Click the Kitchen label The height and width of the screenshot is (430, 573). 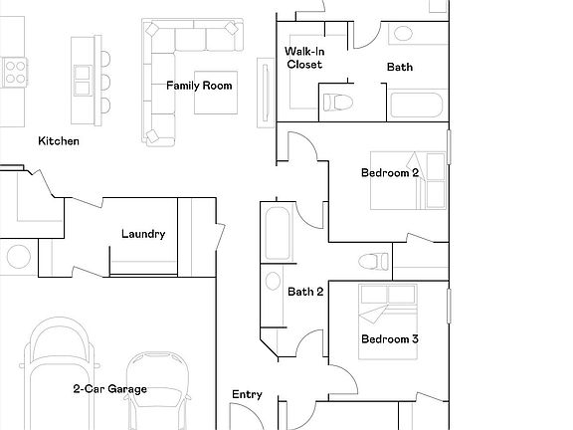coord(58,141)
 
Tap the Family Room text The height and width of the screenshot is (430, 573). coord(199,86)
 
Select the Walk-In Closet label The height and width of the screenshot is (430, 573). coord(304,58)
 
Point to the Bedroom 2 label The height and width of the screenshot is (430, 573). coord(389,173)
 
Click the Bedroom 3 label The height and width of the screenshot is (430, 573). coord(389,339)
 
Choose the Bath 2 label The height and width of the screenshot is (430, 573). coord(305,293)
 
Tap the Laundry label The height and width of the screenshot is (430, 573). coord(142,235)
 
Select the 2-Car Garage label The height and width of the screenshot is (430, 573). coord(109,389)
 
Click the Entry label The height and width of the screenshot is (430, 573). coord(247,395)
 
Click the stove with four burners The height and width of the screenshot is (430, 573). coord(15,71)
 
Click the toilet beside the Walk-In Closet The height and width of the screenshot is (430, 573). coord(336,100)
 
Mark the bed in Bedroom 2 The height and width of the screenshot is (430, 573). coord(410,179)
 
